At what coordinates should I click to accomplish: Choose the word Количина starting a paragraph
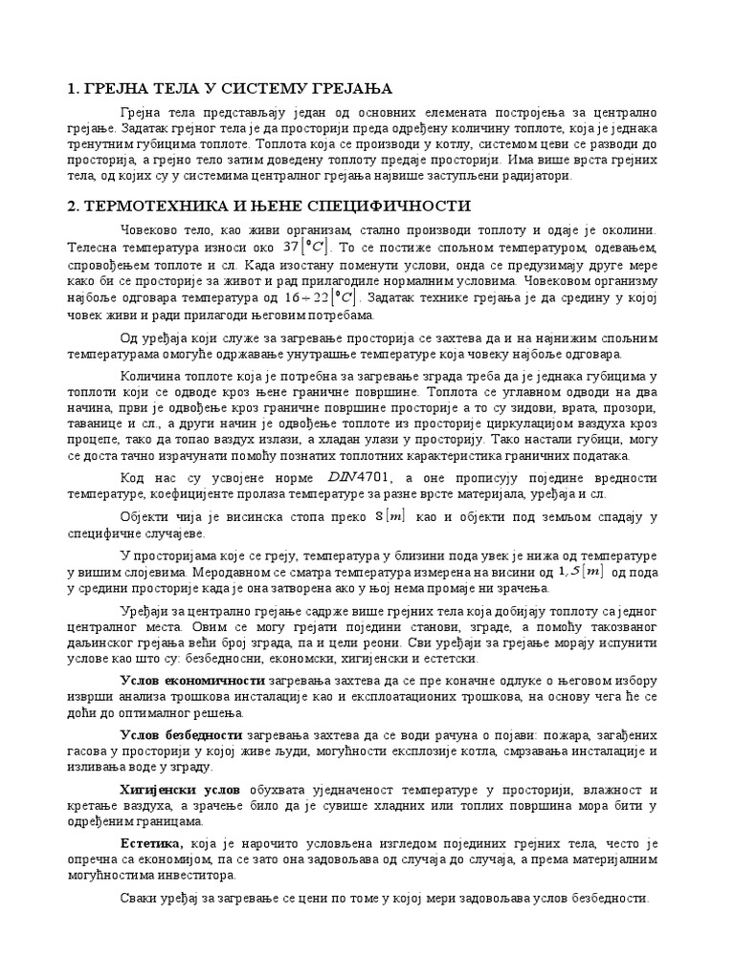click(x=148, y=375)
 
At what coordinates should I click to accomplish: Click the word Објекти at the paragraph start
click(x=145, y=517)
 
